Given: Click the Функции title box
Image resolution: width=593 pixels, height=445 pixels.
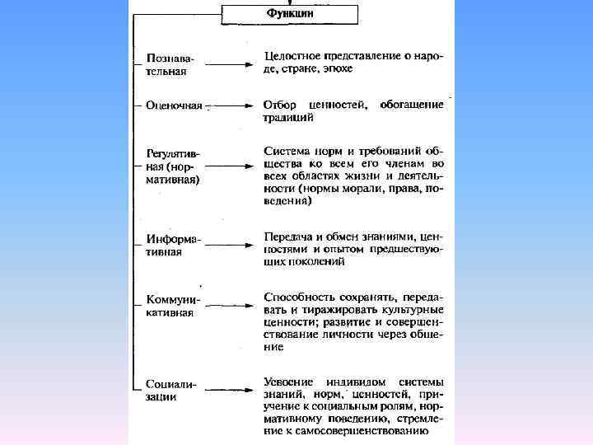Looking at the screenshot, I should pos(289,14).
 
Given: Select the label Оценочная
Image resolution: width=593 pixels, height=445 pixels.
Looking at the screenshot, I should pos(173,105).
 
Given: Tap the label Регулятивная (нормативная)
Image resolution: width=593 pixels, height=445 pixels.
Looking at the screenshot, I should pos(173,165).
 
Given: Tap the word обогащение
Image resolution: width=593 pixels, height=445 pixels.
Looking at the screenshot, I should pos(412,105).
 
